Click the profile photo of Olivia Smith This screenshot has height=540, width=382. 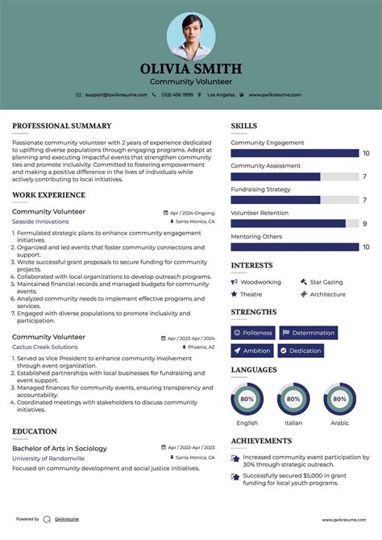pos(191,36)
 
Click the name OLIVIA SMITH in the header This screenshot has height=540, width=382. pos(191,69)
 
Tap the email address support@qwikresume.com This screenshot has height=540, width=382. pos(116,94)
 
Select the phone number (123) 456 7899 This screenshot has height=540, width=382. pos(176,94)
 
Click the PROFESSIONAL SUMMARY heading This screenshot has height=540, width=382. pos(61,126)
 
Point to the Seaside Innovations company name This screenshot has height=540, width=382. pos(40,221)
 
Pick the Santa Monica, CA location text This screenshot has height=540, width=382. pos(195,221)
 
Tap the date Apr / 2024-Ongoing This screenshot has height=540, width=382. pos(192,212)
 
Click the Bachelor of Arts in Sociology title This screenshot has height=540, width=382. pos(60,448)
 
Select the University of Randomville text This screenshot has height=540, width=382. pos(48,458)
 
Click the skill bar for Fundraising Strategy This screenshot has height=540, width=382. pos(294,200)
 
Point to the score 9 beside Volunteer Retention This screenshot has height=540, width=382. pos(365,223)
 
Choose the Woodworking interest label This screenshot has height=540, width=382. pos(260,282)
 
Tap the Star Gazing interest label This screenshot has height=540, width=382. pos(326,282)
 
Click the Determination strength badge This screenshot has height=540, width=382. pos(308,332)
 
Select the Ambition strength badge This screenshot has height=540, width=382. pos(252,351)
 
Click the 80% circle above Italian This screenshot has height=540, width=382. pos(293,399)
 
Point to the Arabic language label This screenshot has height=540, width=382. pos(339,422)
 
